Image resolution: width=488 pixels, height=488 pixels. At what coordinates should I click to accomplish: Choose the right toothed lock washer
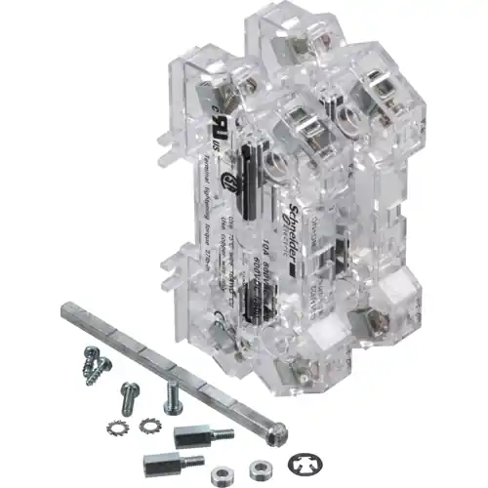[x=149, y=424]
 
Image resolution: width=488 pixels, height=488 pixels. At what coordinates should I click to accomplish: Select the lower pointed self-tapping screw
[x=98, y=374]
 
